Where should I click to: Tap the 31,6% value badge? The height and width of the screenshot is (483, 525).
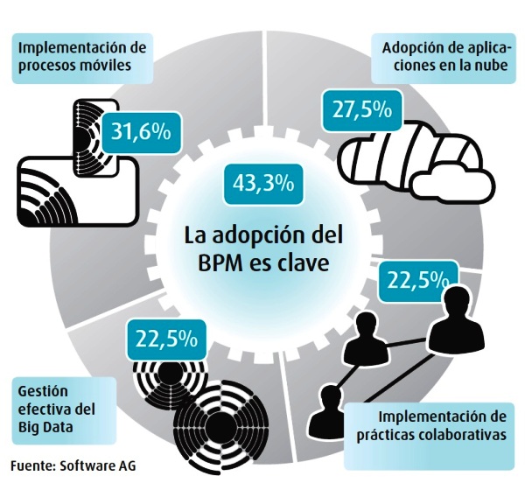click(x=142, y=133)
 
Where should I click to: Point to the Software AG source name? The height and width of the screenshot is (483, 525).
click(x=98, y=465)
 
